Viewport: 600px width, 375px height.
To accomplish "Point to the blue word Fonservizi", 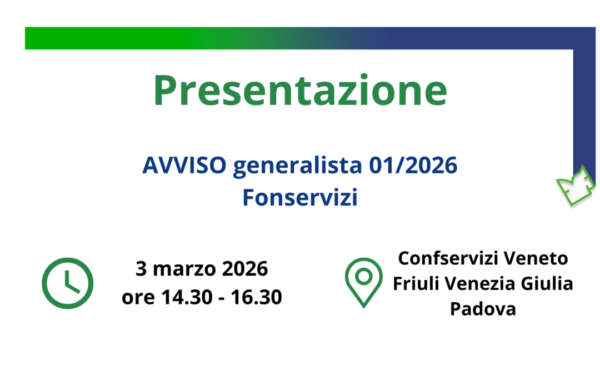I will [x=299, y=198].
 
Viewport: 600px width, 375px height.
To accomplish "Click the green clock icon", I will [x=68, y=284].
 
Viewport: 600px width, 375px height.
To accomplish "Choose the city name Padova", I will [x=483, y=309].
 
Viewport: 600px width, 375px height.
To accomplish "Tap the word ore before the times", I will [x=139, y=298].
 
